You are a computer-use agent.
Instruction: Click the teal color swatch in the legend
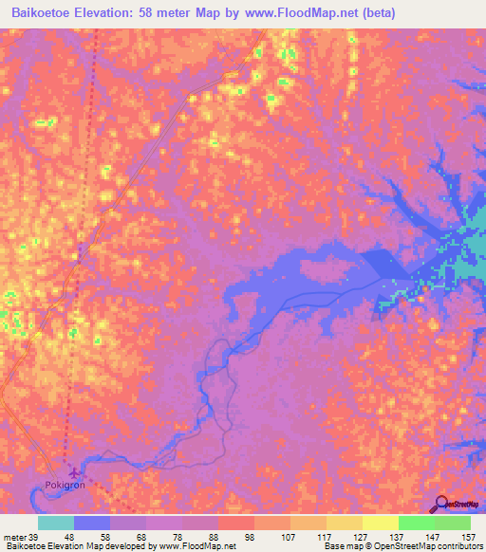pos(56,524)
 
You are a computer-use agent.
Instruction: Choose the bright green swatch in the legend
pos(417,524)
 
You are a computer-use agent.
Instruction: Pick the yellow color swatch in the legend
pos(381,524)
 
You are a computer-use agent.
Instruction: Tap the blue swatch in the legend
pos(92,524)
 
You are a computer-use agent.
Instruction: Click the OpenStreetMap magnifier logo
pos(441,504)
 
